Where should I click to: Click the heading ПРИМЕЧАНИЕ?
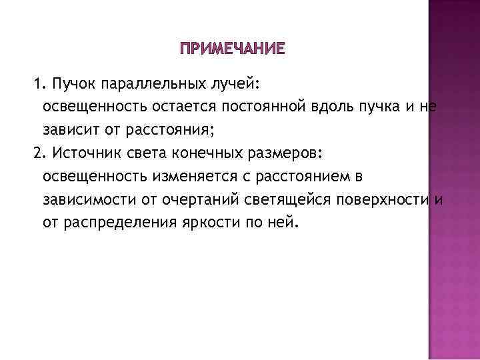[232, 49]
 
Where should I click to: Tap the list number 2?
[37, 153]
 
